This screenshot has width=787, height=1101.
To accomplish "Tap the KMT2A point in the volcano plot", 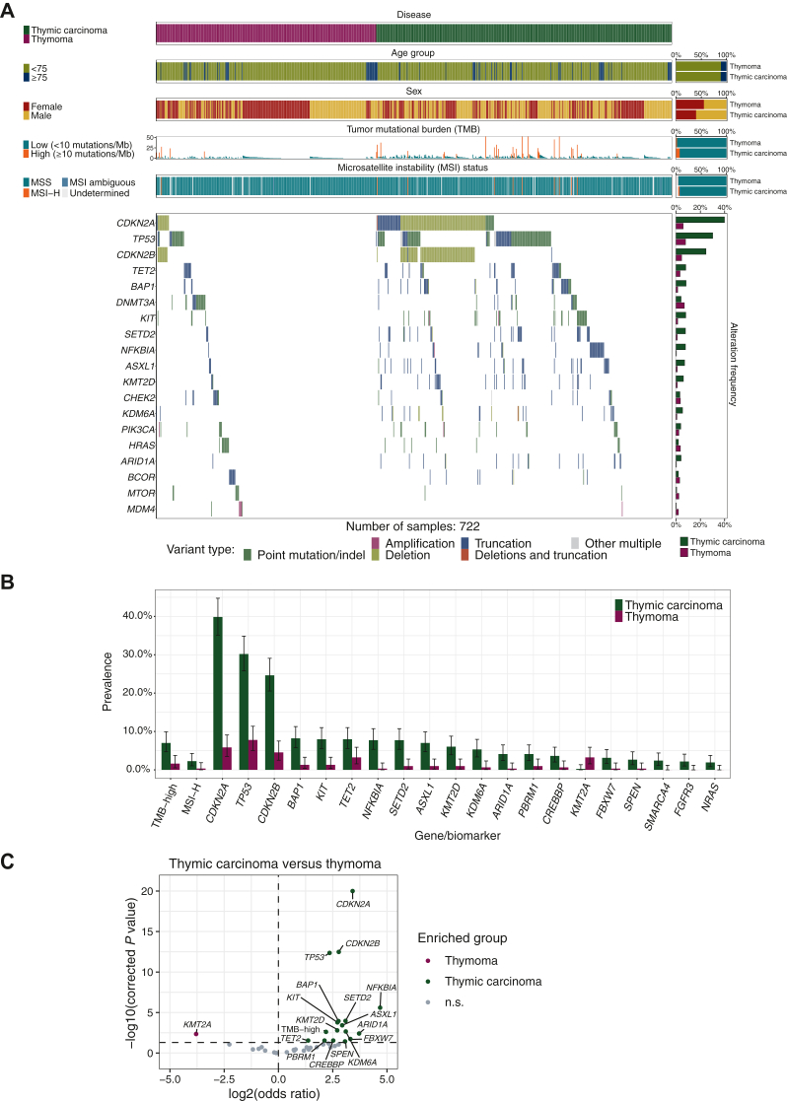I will tap(197, 1033).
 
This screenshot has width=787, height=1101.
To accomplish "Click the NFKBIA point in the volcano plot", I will tap(381, 1006).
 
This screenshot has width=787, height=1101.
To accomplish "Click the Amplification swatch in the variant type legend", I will tap(376, 543).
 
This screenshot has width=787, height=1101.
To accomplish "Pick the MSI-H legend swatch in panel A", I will tap(29, 194).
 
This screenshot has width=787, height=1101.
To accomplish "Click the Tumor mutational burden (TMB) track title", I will tap(413, 128).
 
